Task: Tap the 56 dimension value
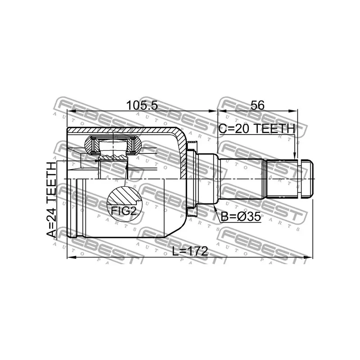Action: tap(257, 105)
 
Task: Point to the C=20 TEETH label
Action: tap(256, 129)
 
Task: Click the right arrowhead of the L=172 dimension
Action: tap(309, 258)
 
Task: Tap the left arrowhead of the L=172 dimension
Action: tap(69, 258)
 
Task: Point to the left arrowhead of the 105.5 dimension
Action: tap(69, 111)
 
